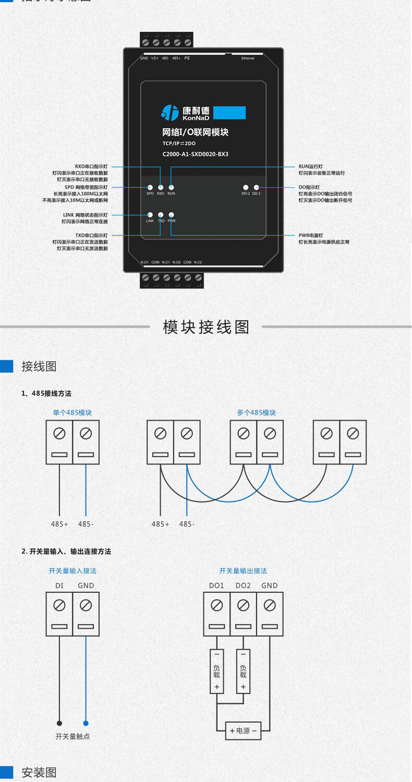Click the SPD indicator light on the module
click(150, 187)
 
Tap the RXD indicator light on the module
click(161, 187)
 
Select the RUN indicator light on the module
click(171, 187)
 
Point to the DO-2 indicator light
click(245, 187)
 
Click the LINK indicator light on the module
click(150, 214)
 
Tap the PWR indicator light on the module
click(171, 214)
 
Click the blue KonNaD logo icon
click(170, 112)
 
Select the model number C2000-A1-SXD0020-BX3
click(196, 154)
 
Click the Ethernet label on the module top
click(248, 58)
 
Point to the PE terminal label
click(187, 58)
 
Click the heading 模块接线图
click(206, 327)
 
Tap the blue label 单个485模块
click(72, 412)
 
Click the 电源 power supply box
click(243, 731)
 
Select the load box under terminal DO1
click(216, 671)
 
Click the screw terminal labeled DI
click(59, 605)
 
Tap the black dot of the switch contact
click(59, 723)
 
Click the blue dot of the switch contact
click(86, 723)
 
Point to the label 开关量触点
click(72, 737)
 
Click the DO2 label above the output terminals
click(243, 585)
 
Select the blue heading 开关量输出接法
click(243, 571)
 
